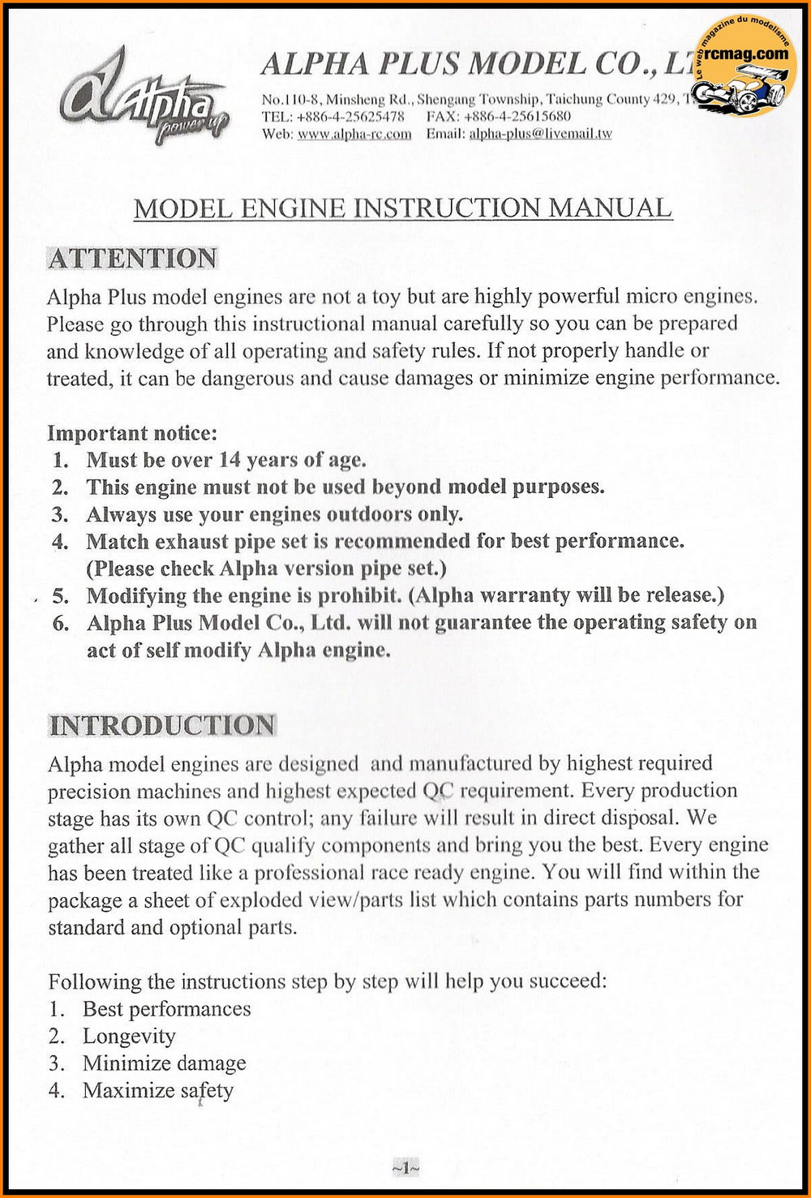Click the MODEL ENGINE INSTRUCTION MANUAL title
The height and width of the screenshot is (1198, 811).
[x=403, y=208]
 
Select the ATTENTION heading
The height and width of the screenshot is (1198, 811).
[x=133, y=259]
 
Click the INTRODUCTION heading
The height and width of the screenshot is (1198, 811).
[x=162, y=725]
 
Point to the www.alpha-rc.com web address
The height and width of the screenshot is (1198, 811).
[x=354, y=134]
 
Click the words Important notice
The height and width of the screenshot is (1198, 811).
[x=132, y=433]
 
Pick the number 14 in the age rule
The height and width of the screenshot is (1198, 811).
[x=230, y=461]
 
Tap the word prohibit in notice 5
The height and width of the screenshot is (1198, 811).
[x=359, y=595]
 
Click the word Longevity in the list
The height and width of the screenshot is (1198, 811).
[x=129, y=1037]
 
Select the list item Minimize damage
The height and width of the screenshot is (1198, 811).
[x=164, y=1063]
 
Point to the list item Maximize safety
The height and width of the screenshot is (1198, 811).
[x=157, y=1091]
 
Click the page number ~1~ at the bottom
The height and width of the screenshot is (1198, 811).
[x=405, y=1168]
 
